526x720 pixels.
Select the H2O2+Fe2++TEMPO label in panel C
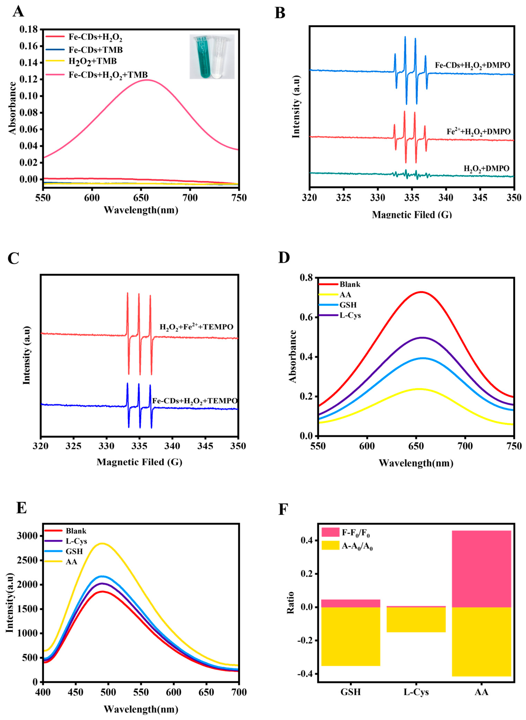(196, 327)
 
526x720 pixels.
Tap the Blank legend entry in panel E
(76, 531)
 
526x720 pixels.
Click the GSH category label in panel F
(350, 692)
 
